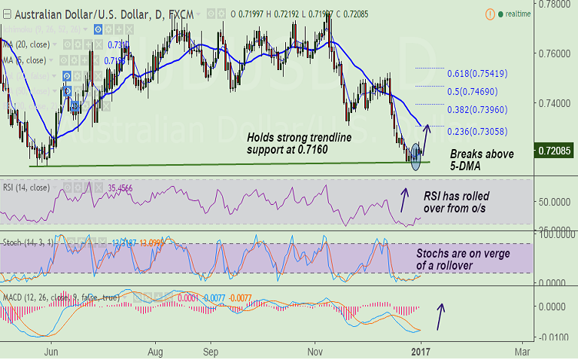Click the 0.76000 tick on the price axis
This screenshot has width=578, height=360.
(553, 54)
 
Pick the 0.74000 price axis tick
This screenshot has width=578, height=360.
(553, 102)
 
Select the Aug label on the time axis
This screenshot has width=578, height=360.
(156, 351)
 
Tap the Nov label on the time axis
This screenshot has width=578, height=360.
(315, 351)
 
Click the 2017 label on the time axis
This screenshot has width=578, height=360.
(421, 351)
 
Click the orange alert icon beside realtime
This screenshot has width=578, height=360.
(491, 14)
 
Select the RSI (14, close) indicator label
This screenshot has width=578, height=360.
(29, 188)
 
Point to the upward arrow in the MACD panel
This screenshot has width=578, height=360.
(442, 316)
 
